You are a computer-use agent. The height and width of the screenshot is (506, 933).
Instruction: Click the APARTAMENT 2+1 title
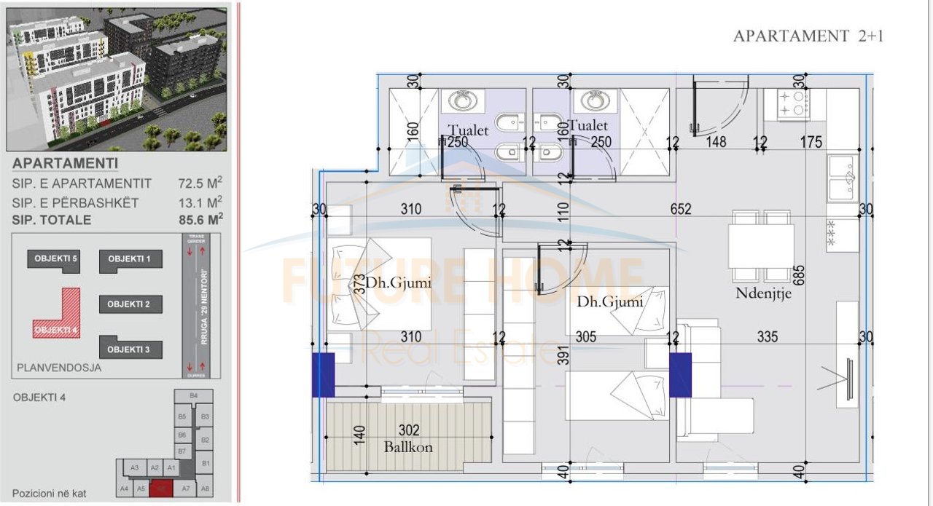[808, 36]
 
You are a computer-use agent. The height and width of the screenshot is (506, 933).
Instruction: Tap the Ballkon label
[408, 447]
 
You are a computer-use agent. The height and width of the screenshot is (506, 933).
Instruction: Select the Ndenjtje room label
[764, 294]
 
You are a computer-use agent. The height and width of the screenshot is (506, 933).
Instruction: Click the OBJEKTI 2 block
[129, 304]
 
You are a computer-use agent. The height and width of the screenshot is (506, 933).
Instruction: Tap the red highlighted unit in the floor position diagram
[162, 489]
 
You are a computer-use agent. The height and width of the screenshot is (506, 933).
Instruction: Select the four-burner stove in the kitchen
[794, 103]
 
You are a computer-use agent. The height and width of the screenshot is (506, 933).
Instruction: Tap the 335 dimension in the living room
[768, 337]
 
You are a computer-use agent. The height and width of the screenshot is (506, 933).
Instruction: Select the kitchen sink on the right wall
[843, 177]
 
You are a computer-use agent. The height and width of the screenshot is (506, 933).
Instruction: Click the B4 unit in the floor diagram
[193, 395]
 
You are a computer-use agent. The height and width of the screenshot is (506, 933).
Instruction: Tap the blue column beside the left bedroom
[323, 374]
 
